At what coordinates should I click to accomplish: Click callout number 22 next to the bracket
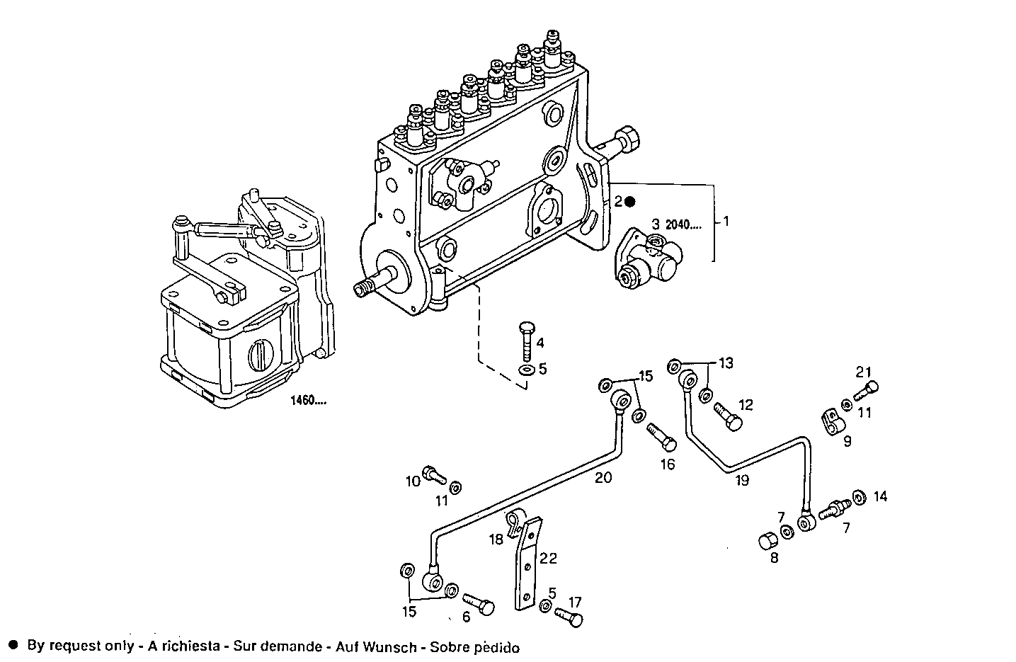coord(548,559)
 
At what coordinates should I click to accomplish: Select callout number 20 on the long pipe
coord(603,477)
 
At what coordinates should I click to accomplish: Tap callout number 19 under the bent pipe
coord(741,481)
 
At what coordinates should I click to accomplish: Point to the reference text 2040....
coord(684,226)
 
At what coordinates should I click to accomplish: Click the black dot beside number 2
coord(630,202)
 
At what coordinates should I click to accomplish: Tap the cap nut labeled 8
coord(765,542)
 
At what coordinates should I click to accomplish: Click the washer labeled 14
coord(858,498)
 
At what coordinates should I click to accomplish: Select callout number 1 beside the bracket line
coord(725,222)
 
